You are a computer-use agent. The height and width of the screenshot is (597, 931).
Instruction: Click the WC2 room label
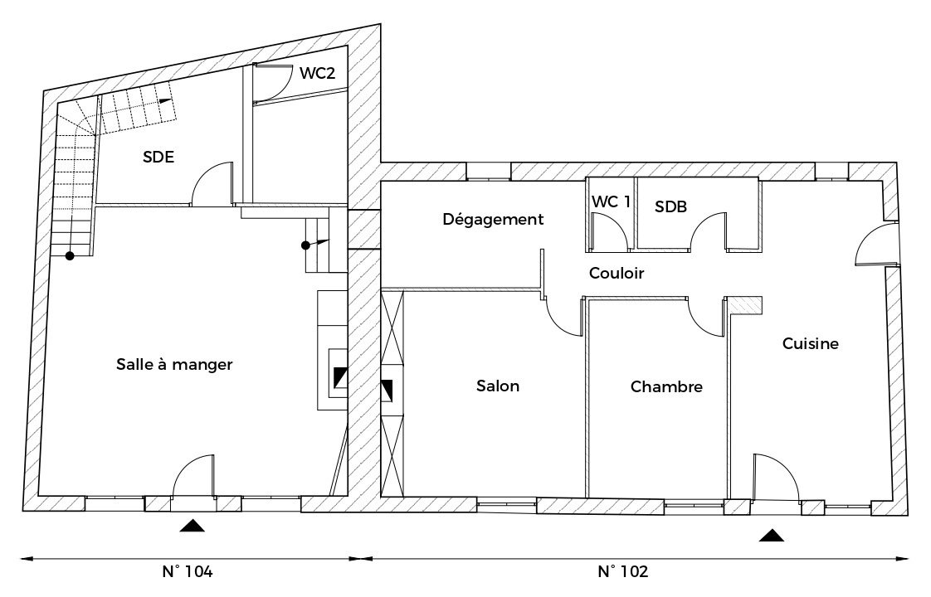[x=317, y=73]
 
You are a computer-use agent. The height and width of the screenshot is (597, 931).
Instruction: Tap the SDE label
[x=158, y=158]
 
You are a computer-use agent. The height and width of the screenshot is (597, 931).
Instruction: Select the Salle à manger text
[x=174, y=364]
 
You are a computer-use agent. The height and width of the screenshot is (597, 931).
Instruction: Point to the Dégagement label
[x=493, y=220]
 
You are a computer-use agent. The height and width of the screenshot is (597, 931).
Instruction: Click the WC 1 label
[x=611, y=201]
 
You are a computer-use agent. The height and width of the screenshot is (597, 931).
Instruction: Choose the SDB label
[x=671, y=206]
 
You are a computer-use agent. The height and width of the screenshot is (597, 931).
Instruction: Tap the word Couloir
[x=617, y=273]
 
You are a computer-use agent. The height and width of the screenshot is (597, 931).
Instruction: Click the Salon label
[x=498, y=386]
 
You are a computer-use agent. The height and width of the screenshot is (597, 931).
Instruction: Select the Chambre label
[x=666, y=387]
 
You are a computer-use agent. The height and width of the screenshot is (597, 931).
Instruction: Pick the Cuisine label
[x=811, y=343]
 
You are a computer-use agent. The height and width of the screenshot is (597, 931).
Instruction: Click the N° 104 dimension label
[x=187, y=571]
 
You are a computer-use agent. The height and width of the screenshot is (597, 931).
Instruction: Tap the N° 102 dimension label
[x=623, y=571]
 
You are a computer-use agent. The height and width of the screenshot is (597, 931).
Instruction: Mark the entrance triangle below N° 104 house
[x=192, y=525]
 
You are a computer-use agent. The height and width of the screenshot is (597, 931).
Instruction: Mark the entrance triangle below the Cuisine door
[x=772, y=536]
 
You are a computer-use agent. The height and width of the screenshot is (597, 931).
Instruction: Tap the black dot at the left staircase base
[x=70, y=256]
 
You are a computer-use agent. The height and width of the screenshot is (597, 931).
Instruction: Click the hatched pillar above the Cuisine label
[x=744, y=304]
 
